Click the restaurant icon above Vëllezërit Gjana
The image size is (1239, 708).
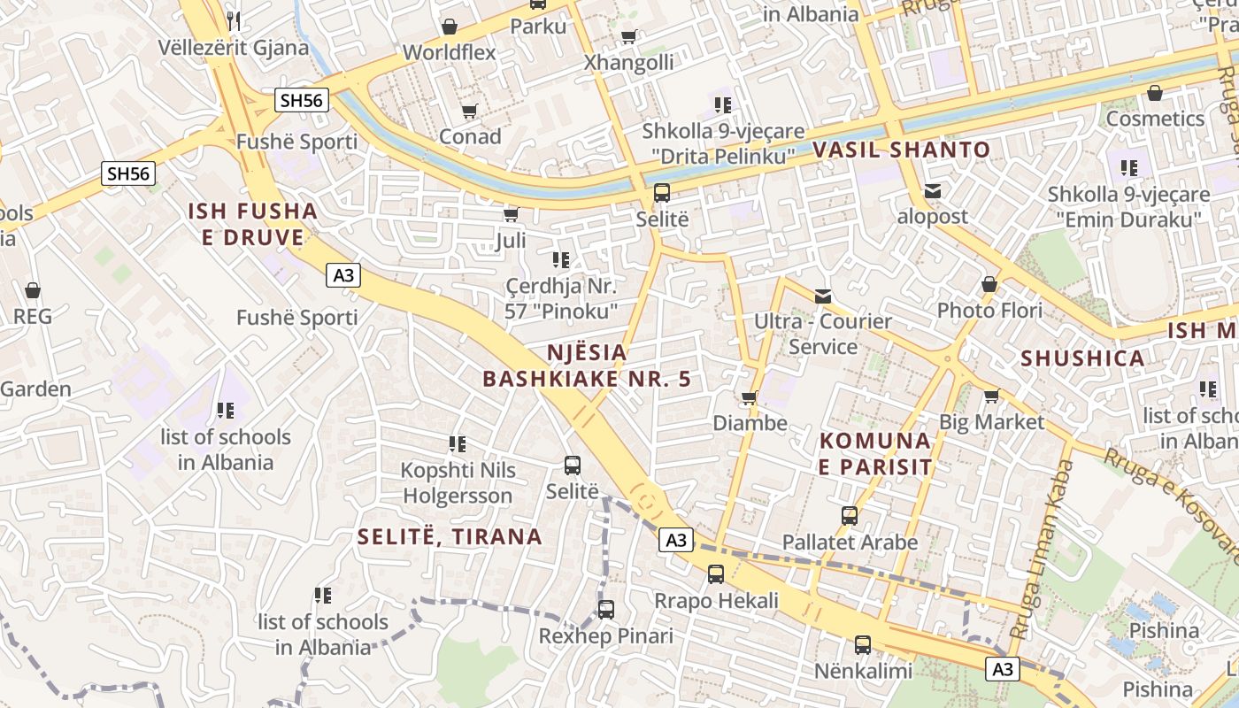click(x=234, y=20)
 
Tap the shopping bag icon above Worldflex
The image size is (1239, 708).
click(x=450, y=27)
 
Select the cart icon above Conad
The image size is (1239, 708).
click(x=469, y=111)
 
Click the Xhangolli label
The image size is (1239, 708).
click(x=628, y=63)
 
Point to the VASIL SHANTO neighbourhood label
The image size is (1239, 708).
click(x=901, y=150)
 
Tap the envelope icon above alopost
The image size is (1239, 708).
click(x=932, y=190)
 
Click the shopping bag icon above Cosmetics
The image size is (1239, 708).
click(x=1154, y=93)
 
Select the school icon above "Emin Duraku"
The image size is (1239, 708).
click(x=1128, y=167)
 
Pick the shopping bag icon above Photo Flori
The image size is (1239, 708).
click(x=989, y=284)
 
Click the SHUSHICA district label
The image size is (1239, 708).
click(x=1082, y=358)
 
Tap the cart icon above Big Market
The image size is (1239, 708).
click(x=991, y=396)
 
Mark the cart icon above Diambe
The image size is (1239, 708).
click(x=750, y=397)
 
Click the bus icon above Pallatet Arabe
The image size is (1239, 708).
click(x=850, y=515)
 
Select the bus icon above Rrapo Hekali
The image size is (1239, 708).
click(x=716, y=574)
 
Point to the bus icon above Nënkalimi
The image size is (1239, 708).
click(x=863, y=645)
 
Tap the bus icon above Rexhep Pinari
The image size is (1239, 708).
click(x=605, y=610)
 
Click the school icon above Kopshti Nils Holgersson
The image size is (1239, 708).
click(x=457, y=443)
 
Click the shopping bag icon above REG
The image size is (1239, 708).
click(x=33, y=290)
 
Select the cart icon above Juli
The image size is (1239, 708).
click(x=511, y=214)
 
